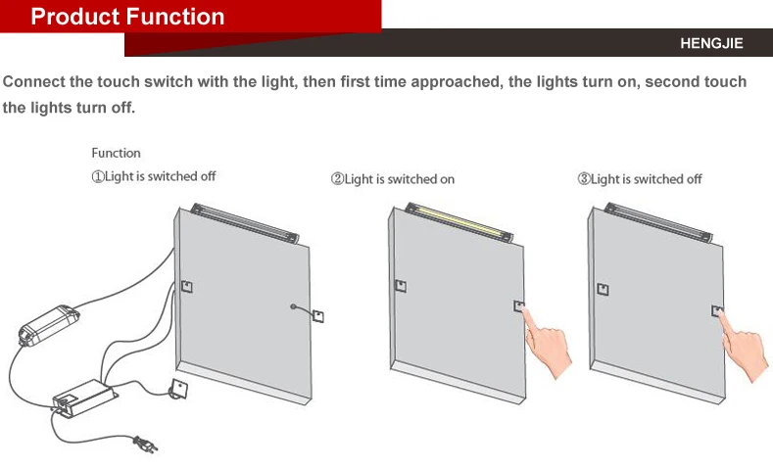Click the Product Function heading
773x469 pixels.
pyautogui.click(x=127, y=17)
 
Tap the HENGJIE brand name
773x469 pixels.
pyautogui.click(x=711, y=44)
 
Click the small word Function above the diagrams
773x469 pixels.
pyautogui.click(x=116, y=153)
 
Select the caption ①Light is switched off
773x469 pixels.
pyautogui.click(x=154, y=176)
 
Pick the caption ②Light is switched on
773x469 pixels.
pyautogui.click(x=393, y=179)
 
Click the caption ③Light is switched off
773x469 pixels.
pyautogui.click(x=640, y=179)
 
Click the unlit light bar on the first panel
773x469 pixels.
pyautogui.click(x=244, y=221)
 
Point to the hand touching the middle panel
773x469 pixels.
pyautogui.click(x=547, y=343)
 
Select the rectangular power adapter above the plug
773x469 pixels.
pyautogui.click(x=86, y=396)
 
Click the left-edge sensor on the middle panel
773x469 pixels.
pyautogui.click(x=400, y=286)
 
